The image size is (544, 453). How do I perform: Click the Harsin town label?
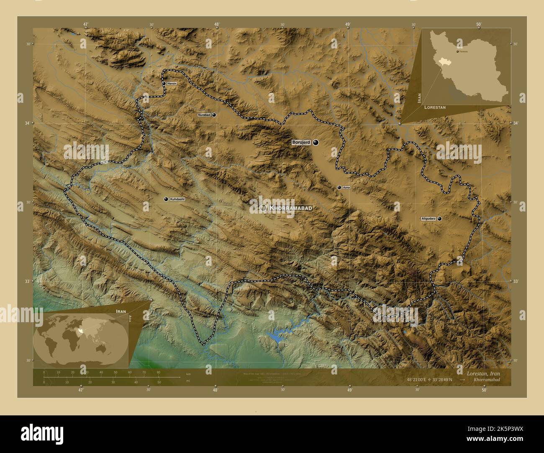coord(172,84)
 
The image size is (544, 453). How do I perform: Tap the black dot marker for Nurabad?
coord(214,115)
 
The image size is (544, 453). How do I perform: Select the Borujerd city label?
coord(301,143)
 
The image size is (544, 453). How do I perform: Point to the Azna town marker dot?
coord(339,188)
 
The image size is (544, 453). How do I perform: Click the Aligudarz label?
coord(429,219)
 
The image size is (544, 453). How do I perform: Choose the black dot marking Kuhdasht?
coord(166,199)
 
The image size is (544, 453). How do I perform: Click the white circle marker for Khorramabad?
coord(263,208)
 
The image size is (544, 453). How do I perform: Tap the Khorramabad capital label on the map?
coord(291,208)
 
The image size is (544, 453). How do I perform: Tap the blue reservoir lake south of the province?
coord(275,337)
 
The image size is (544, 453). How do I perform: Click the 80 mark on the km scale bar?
coord(158,372)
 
